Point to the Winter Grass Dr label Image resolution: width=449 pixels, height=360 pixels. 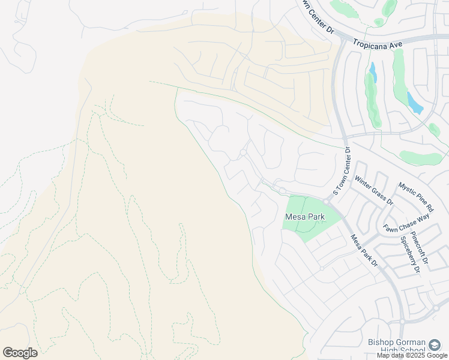tap(374, 190)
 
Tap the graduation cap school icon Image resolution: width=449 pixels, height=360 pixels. tap(434, 344)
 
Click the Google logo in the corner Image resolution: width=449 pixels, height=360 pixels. tap(20, 353)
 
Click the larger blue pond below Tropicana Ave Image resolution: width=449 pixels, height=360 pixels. tap(415, 103)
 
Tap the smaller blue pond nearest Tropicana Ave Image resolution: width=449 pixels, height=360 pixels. tap(373, 73)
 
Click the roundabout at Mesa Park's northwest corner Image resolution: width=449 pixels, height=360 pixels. tap(282, 191)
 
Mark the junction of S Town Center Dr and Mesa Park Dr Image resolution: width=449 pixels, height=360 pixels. tap(327, 202)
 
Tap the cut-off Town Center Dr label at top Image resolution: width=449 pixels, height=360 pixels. tap(317, 18)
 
